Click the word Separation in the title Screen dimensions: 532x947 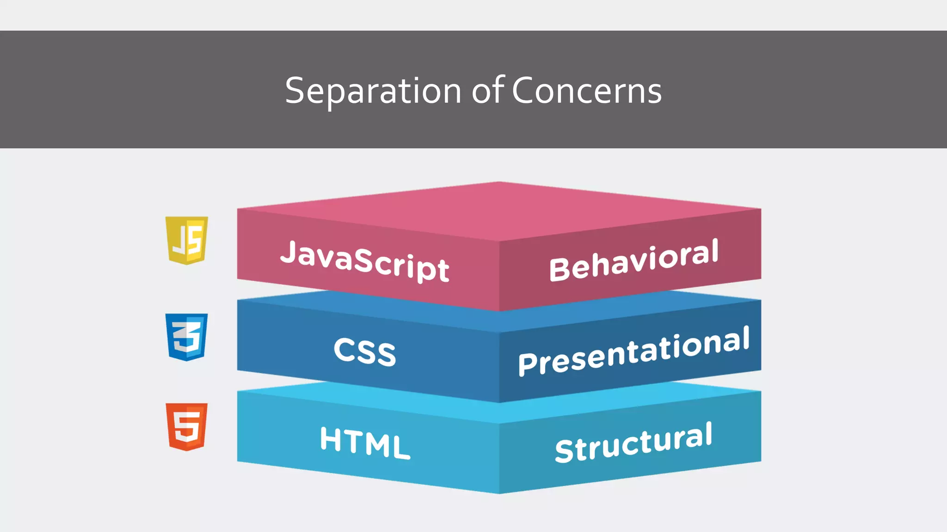point(373,91)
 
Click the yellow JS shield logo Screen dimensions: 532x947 point(187,240)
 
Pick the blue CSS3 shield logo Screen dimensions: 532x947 point(187,337)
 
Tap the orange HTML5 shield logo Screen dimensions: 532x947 point(187,427)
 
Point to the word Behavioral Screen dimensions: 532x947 point(633,261)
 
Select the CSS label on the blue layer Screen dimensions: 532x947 point(365,351)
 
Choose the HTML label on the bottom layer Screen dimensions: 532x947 point(365,442)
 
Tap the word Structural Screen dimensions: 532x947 point(633,443)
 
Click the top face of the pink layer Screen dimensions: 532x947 point(499,210)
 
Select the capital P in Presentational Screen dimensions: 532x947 point(527,363)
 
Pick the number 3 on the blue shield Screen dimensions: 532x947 point(186,338)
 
